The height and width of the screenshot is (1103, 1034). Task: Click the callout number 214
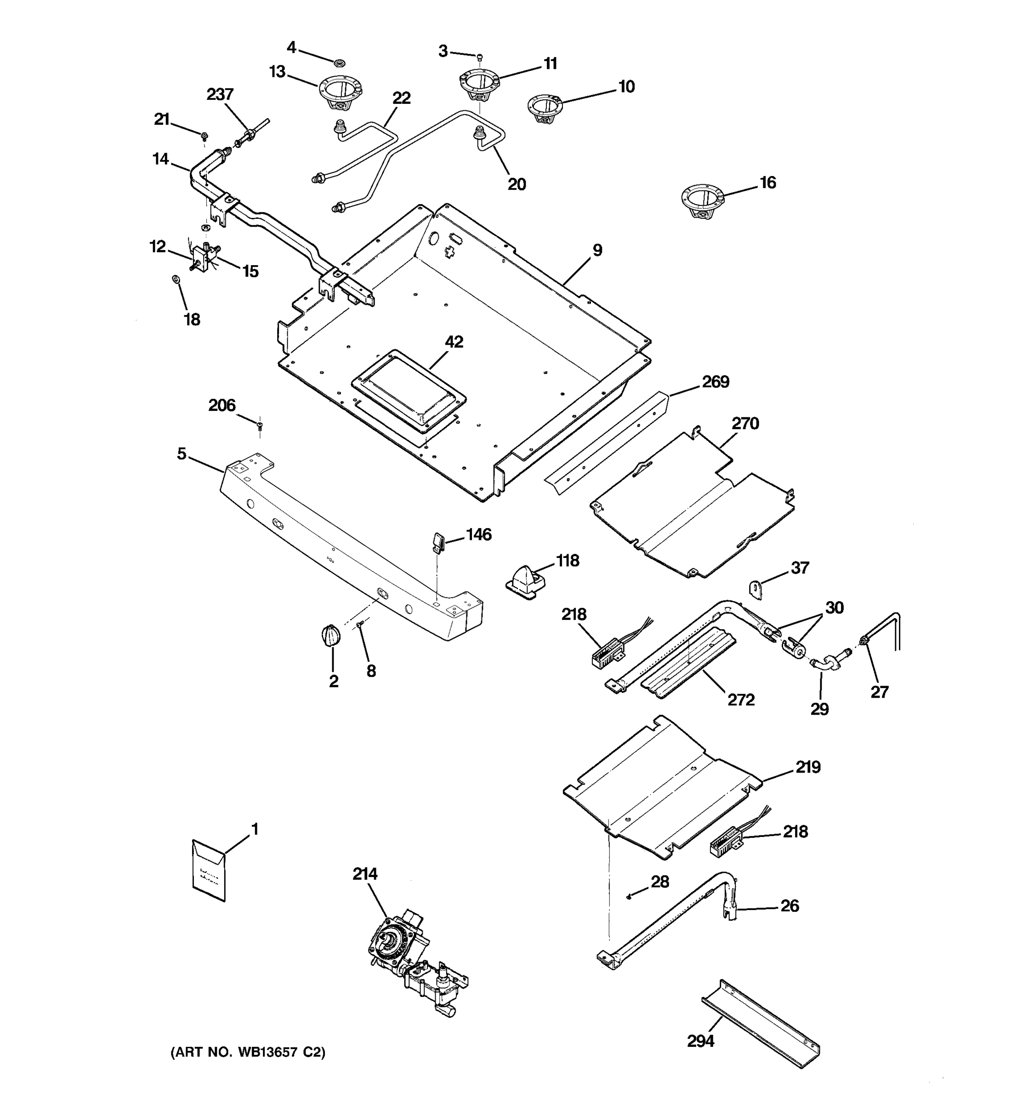364,874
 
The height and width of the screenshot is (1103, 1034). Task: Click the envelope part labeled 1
209,870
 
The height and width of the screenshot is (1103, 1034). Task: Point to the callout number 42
454,342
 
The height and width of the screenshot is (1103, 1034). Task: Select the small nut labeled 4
340,61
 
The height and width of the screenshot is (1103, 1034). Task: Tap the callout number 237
220,94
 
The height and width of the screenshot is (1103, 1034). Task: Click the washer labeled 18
176,279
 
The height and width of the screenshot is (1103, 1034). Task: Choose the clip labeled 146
438,543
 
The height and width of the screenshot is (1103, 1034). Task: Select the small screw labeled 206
260,426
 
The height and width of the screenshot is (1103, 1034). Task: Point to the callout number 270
745,423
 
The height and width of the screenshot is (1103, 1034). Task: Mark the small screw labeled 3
480,56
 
